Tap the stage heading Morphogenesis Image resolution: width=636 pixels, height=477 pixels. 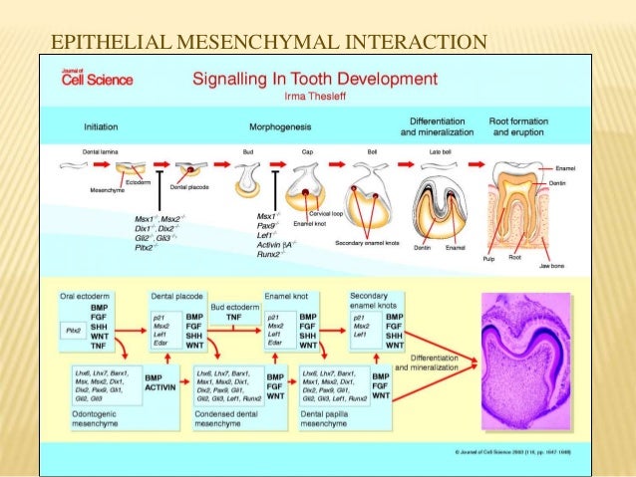point(277,126)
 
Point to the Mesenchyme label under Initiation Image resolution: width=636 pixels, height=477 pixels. point(108,188)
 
